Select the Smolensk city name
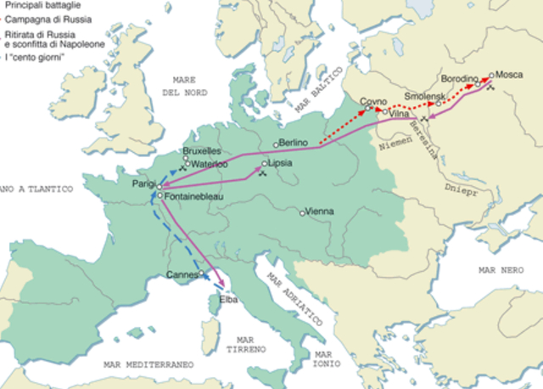[x=423, y=97]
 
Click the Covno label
[x=373, y=101]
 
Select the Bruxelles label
[x=203, y=151]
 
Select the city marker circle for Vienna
[x=303, y=212]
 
